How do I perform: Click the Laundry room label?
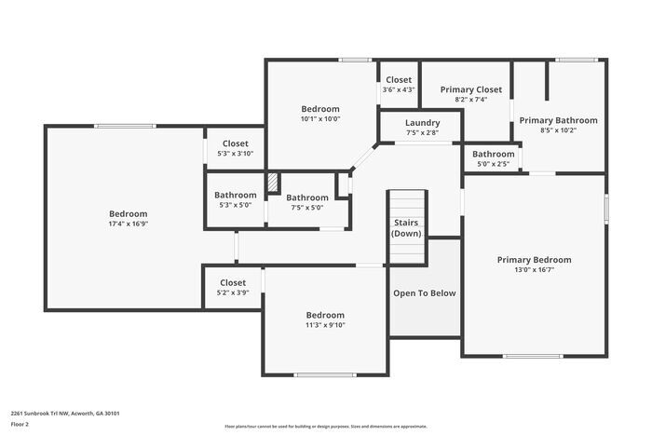coord(422,123)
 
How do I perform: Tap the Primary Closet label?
coord(470,89)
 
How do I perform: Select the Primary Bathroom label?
coord(558,120)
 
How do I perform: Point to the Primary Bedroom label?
coord(534,260)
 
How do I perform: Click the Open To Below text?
coord(425,293)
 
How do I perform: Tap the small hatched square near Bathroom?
coord(273,183)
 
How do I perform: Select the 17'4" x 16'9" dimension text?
coord(128,224)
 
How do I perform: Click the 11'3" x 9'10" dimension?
coord(325,324)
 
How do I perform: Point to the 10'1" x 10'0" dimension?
coord(320,118)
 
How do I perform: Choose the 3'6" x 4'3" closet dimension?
coord(399,89)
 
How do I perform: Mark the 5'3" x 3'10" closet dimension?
coord(235,154)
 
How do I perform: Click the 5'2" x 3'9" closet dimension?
coord(233,292)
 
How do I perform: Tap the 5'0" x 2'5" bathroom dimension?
coord(493,164)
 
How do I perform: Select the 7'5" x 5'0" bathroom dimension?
coord(306,208)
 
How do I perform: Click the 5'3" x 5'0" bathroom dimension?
coord(235,205)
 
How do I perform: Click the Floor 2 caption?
coord(20,424)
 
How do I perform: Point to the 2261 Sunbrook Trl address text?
coord(65,413)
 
